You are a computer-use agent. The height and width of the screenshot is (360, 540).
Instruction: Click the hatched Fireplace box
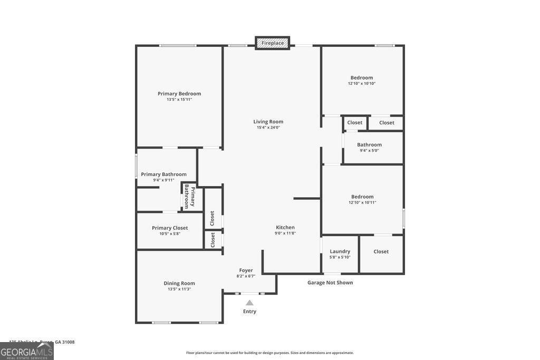pyautogui.click(x=273, y=43)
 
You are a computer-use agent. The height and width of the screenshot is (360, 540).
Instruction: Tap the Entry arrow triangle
pyautogui.click(x=249, y=303)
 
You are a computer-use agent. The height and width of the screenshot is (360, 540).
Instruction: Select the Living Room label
pyautogui.click(x=268, y=122)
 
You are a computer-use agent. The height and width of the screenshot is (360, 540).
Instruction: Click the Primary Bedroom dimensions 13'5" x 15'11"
pyautogui.click(x=179, y=99)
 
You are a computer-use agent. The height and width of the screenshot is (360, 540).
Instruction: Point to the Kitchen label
pyautogui.click(x=285, y=227)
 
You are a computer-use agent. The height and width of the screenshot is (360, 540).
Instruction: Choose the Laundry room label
pyautogui.click(x=340, y=251)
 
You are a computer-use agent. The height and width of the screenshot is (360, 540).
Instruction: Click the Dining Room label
pyautogui.click(x=179, y=283)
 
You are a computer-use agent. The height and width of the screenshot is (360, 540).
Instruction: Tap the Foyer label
pyautogui.click(x=246, y=270)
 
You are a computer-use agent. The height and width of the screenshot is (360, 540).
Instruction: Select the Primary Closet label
pyautogui.click(x=170, y=228)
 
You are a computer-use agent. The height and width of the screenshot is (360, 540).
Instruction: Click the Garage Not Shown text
pyautogui.click(x=330, y=283)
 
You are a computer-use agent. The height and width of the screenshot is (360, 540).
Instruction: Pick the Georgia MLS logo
pyautogui.click(x=27, y=351)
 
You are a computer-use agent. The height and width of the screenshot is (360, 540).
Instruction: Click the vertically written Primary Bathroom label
pyautogui.click(x=189, y=197)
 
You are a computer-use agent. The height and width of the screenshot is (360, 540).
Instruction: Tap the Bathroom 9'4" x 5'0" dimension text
pyautogui.click(x=369, y=150)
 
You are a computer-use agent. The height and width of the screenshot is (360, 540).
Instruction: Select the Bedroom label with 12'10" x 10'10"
pyautogui.click(x=362, y=77)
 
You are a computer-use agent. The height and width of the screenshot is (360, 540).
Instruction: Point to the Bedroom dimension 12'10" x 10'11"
pyautogui.click(x=362, y=202)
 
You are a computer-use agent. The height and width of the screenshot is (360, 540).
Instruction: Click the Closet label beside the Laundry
pyautogui.click(x=381, y=251)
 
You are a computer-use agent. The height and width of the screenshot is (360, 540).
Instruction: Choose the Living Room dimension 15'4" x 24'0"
pyautogui.click(x=268, y=127)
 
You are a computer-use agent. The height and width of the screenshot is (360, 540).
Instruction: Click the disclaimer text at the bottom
pyautogui.click(x=270, y=353)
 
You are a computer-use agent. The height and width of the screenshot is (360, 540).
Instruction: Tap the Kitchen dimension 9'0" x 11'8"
pyautogui.click(x=285, y=233)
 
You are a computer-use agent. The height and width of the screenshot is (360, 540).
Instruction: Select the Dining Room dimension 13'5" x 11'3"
pyautogui.click(x=179, y=289)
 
